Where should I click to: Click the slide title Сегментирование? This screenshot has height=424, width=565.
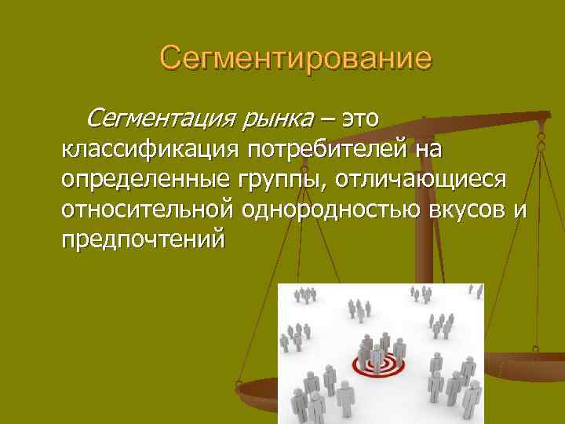point(295,59)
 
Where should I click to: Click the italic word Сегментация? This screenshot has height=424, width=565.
point(155,119)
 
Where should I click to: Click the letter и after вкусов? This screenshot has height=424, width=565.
point(521,210)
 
